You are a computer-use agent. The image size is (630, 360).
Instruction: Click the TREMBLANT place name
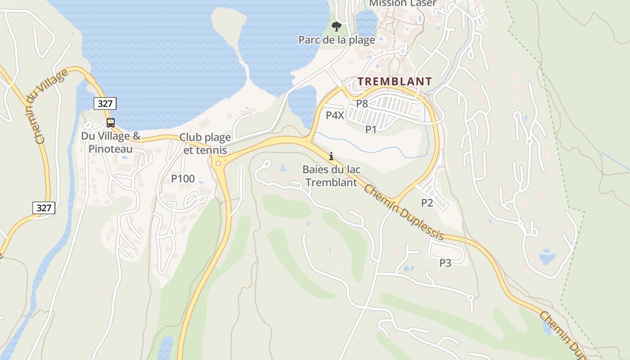[x=395, y=81]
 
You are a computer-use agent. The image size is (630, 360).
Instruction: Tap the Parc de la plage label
[x=337, y=40]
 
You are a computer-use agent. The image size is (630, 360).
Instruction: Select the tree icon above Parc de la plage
[x=336, y=26]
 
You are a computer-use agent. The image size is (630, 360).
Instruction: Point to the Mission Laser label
[x=402, y=4]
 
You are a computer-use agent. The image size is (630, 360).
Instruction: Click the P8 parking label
[x=362, y=103]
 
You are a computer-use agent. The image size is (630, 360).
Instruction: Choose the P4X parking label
[x=335, y=115]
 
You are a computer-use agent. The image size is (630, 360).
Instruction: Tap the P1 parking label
[x=370, y=130]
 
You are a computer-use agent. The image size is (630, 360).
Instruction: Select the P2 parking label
[x=427, y=202]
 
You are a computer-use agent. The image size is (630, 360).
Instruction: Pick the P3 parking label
[x=445, y=263]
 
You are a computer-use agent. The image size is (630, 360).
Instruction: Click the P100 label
[x=183, y=179]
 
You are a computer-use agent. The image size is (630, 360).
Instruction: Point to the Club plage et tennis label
[x=205, y=144]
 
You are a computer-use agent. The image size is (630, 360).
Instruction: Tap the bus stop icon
[x=110, y=122]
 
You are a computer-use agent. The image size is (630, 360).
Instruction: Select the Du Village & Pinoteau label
[x=111, y=142]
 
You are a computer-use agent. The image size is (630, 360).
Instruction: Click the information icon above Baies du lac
[x=331, y=156]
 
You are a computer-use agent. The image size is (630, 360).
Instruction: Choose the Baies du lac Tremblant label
[x=331, y=176]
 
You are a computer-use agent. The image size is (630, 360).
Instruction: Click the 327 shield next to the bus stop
[x=105, y=103]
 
